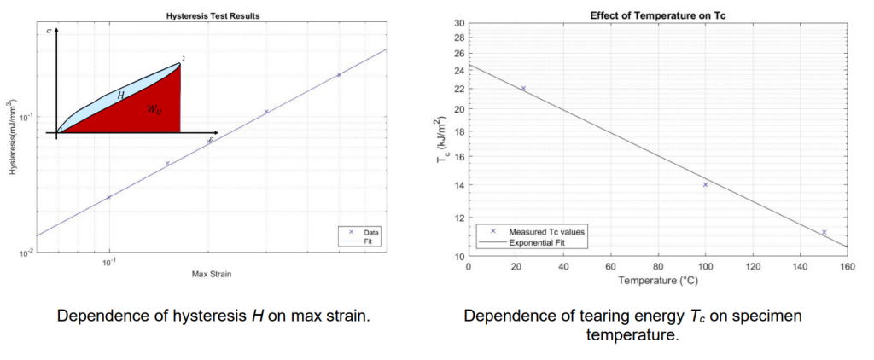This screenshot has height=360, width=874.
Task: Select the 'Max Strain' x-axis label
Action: point(211,274)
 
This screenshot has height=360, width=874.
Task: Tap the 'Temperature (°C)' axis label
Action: point(657,279)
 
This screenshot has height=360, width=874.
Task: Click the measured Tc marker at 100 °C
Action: point(705,184)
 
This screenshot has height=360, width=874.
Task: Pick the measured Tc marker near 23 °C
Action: point(523,88)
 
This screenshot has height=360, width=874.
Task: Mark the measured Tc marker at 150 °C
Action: point(824,232)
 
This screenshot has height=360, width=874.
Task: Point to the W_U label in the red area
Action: point(154,110)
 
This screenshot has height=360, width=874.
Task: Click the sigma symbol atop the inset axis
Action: point(49,30)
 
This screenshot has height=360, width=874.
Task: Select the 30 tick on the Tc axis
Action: point(459,24)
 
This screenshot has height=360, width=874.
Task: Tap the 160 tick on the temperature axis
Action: point(847,266)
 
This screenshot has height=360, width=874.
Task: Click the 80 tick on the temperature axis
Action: point(657,266)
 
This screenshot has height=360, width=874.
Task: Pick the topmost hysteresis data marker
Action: point(339,75)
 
